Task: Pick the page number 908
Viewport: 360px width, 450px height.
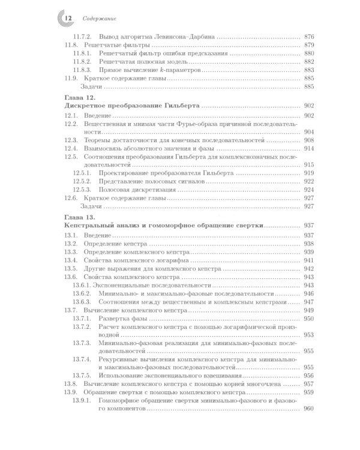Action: click(310, 139)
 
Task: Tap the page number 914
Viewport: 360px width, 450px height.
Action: click(310, 148)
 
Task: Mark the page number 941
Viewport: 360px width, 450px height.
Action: click(310, 261)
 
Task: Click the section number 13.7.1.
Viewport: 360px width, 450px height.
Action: click(82, 318)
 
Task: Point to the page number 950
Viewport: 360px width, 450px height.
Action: click(310, 318)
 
